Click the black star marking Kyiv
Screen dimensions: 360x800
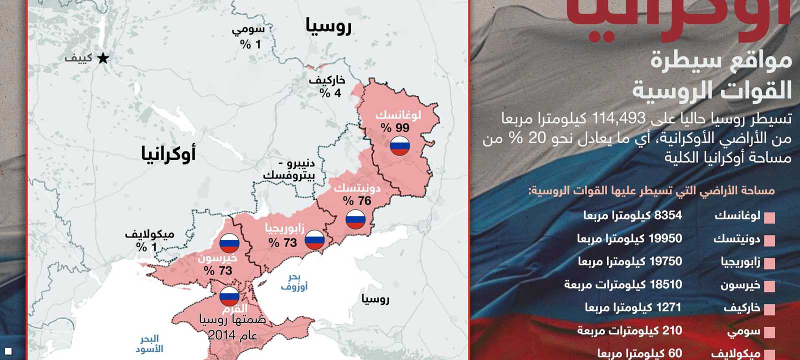click(x=103, y=58)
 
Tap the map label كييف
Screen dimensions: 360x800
click(x=78, y=58)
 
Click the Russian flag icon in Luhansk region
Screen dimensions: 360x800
click(x=400, y=145)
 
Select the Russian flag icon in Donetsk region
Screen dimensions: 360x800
click(x=355, y=219)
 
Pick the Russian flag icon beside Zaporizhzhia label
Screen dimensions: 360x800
click(x=314, y=240)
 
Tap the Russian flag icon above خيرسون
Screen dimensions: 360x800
click(x=229, y=243)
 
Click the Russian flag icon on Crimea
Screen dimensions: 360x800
click(x=229, y=296)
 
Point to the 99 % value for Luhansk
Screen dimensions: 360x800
click(x=395, y=128)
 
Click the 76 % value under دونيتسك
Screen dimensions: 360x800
click(x=357, y=201)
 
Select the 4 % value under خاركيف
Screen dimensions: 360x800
click(x=330, y=93)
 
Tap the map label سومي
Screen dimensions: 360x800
click(x=248, y=29)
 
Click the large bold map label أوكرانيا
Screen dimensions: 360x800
click(x=168, y=153)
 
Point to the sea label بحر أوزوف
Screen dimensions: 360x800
click(x=294, y=282)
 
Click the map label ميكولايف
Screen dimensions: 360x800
click(x=149, y=234)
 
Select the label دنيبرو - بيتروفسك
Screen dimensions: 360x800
click(x=289, y=169)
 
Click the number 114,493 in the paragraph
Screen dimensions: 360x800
click(x=619, y=118)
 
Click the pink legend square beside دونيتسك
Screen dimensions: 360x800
click(x=769, y=241)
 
